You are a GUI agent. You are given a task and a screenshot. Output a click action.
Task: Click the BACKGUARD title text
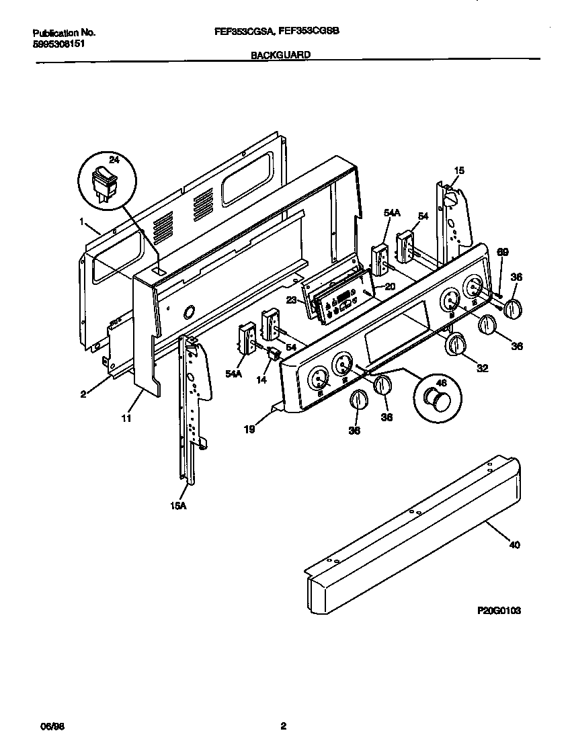pyautogui.click(x=280, y=57)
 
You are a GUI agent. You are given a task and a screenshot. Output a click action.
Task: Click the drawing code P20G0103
pyautogui.click(x=499, y=611)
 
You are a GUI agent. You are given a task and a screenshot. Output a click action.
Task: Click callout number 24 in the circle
pyautogui.click(x=114, y=160)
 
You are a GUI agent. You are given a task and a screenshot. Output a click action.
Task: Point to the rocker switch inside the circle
pyautogui.click(x=104, y=181)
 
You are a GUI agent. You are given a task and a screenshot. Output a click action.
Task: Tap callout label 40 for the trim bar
pyautogui.click(x=514, y=545)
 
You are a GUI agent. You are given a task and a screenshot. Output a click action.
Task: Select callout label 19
pyautogui.click(x=249, y=429)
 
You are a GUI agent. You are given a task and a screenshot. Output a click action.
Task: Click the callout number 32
pyautogui.click(x=483, y=368)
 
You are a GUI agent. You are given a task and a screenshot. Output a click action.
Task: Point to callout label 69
pyautogui.click(x=502, y=252)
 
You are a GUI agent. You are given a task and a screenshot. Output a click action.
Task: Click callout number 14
pyautogui.click(x=261, y=380)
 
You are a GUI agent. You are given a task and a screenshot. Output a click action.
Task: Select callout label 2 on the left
pyautogui.click(x=83, y=394)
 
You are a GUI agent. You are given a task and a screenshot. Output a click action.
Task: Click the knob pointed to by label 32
pyautogui.click(x=456, y=344)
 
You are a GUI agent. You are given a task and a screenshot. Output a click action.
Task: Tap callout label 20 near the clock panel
pyautogui.click(x=390, y=286)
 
